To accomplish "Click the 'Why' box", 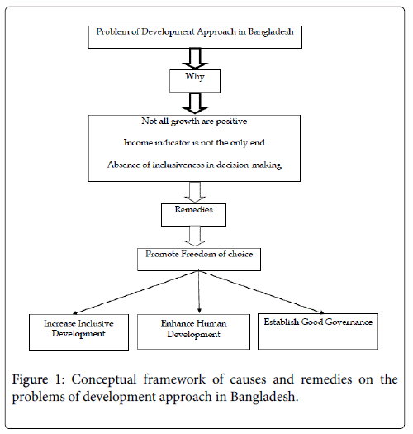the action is click(195, 81).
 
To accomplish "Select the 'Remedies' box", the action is click(193, 215).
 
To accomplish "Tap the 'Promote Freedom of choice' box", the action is click(199, 260).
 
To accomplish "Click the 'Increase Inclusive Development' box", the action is click(78, 332).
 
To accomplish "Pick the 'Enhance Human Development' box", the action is click(193, 331).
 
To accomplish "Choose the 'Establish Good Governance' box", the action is click(318, 331).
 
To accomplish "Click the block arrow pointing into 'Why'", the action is click(195, 59).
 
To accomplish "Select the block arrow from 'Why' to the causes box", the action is click(195, 103).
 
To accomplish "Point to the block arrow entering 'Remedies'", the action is click(195, 192).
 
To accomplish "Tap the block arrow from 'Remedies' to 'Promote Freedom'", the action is click(195, 236).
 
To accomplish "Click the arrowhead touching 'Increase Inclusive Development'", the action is click(74, 313).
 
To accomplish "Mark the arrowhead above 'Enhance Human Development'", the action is click(199, 311).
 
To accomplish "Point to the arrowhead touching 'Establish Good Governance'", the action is click(321, 312).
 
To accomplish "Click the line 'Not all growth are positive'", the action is click(194, 122).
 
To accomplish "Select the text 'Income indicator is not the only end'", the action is click(194, 143).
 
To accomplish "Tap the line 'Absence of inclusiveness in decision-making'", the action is click(194, 165).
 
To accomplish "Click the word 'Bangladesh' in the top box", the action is click(271, 32).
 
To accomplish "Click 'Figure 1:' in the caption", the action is click(38, 379).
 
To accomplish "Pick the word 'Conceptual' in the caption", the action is click(104, 380).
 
